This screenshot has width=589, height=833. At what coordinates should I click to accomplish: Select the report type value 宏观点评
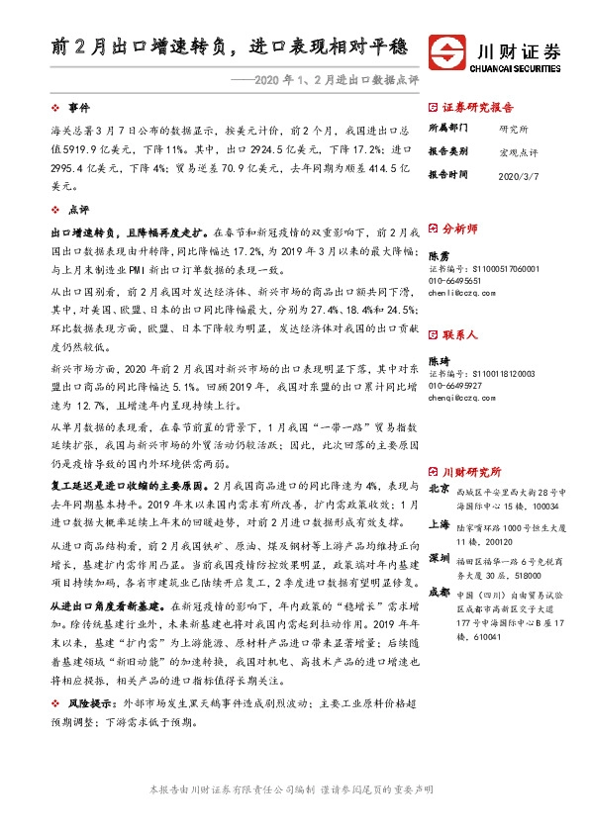[519, 150]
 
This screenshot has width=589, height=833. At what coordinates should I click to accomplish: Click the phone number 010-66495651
[457, 281]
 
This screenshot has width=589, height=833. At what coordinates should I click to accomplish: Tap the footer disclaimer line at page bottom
[294, 789]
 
